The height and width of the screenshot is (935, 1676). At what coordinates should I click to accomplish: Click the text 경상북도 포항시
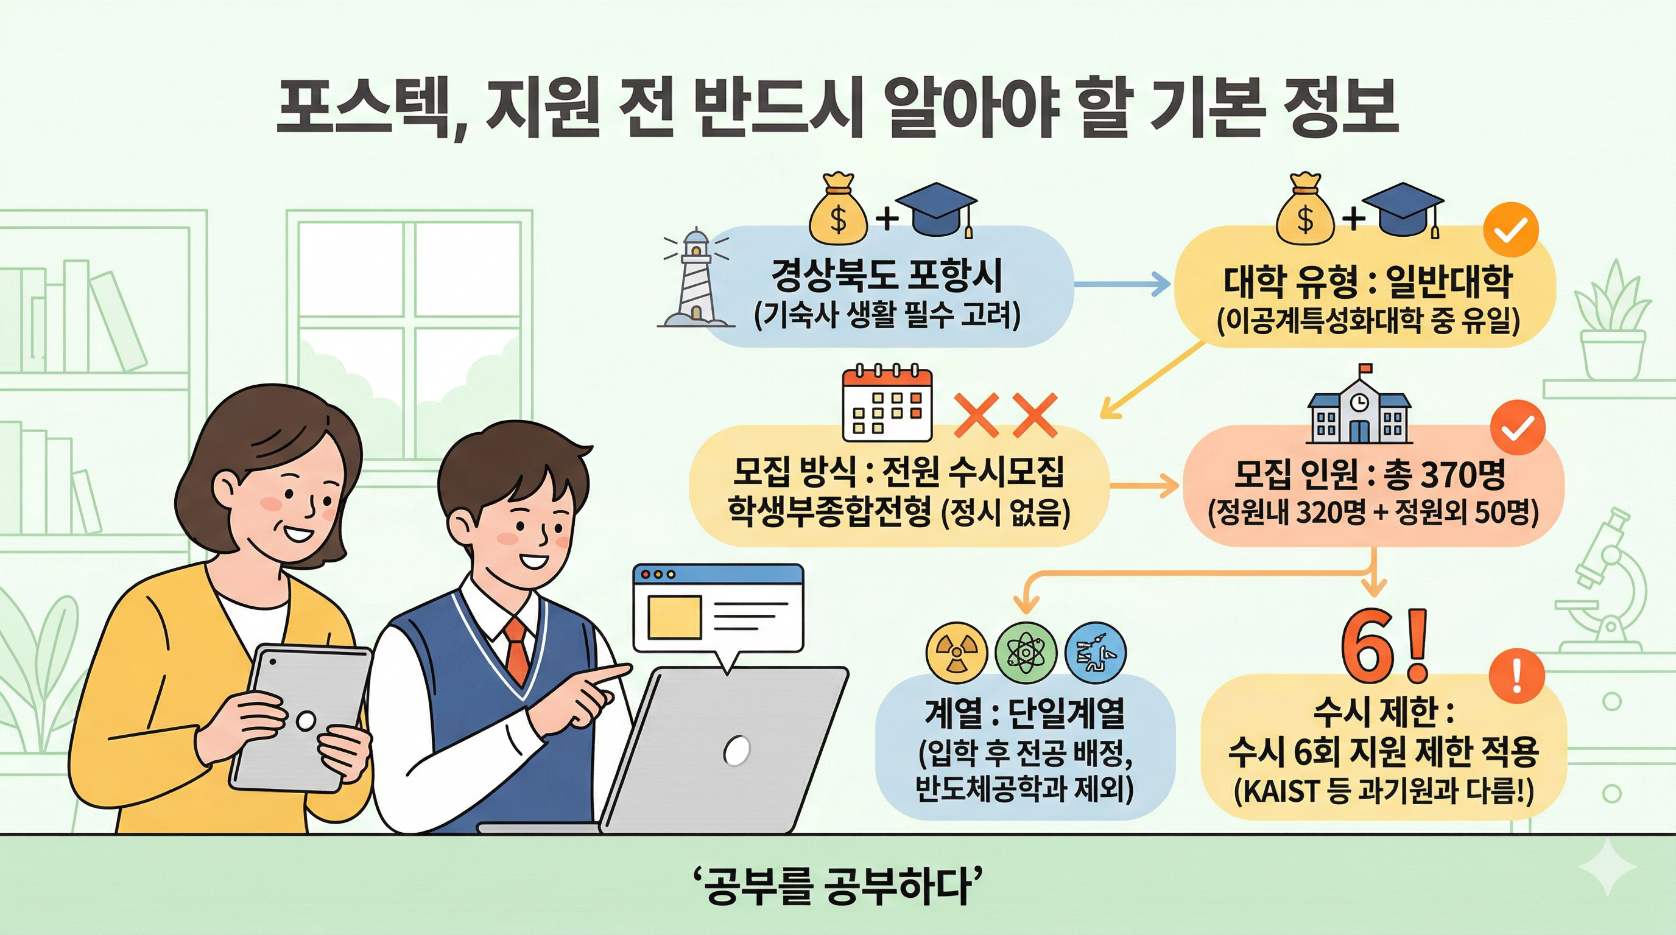(887, 276)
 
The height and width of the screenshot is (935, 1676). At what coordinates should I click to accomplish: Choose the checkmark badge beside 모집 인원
(1517, 427)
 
